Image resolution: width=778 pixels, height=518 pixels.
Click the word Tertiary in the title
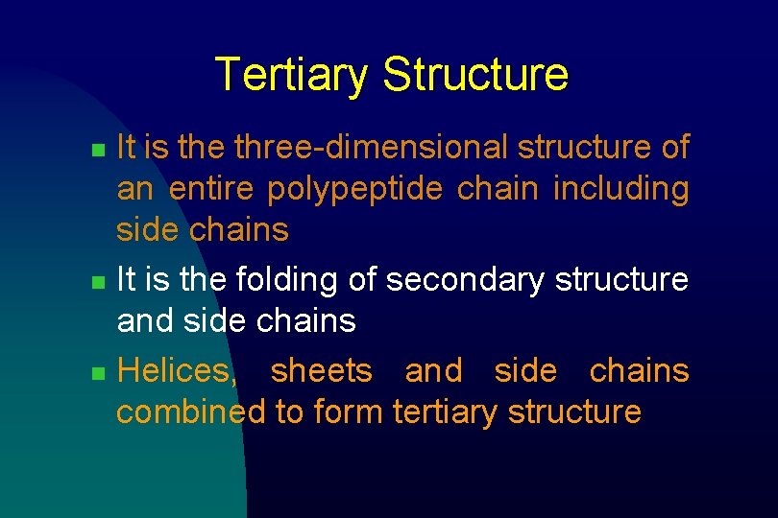291,75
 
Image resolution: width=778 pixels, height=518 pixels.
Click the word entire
210,189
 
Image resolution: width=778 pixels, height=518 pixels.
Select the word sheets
322,371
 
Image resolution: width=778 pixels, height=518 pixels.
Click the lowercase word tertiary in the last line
446,412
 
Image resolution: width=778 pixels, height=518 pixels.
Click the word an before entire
134,190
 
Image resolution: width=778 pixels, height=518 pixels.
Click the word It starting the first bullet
125,148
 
